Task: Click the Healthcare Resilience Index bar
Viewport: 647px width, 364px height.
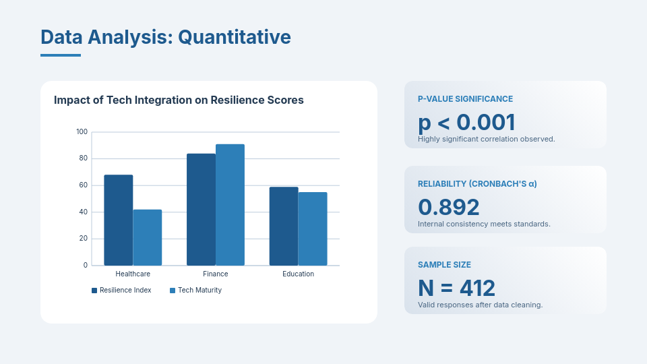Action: click(x=119, y=220)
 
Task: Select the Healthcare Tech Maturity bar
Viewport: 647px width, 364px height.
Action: click(x=148, y=237)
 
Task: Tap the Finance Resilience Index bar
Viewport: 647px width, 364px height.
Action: click(x=201, y=210)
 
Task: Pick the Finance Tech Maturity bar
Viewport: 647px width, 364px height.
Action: click(x=230, y=205)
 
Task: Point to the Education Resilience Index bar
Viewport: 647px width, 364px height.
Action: click(x=284, y=226)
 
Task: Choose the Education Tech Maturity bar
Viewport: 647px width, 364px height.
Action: click(x=313, y=229)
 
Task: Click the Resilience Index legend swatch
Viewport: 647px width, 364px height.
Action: click(x=94, y=291)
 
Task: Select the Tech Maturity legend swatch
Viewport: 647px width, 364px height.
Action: click(x=173, y=291)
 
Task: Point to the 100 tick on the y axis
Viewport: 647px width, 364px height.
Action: click(x=82, y=132)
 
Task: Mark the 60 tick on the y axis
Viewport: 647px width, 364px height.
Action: click(x=83, y=185)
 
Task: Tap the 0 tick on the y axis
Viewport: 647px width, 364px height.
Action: click(x=86, y=266)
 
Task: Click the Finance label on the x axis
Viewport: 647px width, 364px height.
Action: click(x=216, y=274)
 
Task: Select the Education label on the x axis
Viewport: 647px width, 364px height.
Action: click(x=299, y=274)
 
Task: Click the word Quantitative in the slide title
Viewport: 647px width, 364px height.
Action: click(x=235, y=37)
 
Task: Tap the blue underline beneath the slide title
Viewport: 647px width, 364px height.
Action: click(x=61, y=55)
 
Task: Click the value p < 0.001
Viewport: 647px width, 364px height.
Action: click(x=466, y=122)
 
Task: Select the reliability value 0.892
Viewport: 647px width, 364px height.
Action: click(x=448, y=207)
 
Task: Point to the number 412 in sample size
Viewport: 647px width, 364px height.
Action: click(x=477, y=289)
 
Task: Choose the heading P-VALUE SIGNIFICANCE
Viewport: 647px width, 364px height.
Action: click(x=465, y=99)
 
